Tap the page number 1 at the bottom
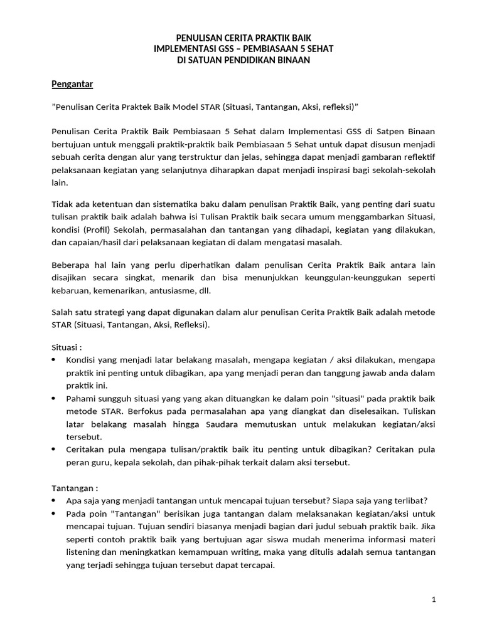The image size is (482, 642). (434, 599)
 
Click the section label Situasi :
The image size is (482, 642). (66, 346)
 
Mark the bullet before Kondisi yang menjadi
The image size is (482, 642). (53, 360)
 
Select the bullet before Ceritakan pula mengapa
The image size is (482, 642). (53, 450)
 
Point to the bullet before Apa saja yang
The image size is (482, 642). (53, 500)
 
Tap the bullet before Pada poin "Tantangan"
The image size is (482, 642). (53, 513)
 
